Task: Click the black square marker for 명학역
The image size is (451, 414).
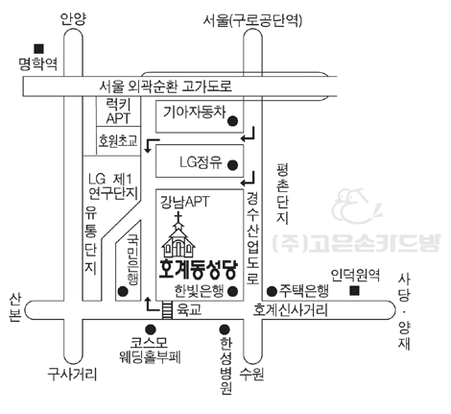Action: [x=39, y=49]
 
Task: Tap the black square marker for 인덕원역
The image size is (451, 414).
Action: [x=354, y=290]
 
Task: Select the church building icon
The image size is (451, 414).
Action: [x=178, y=235]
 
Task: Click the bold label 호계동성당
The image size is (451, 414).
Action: [x=199, y=270]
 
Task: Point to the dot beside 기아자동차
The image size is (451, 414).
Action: [x=232, y=121]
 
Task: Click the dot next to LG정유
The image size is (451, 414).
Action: [x=232, y=165]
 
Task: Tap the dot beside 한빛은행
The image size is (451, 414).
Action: [x=232, y=291]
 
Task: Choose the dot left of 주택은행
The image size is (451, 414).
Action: [x=272, y=291]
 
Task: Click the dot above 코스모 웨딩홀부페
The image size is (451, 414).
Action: [x=151, y=329]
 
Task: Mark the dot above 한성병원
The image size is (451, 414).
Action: [x=225, y=329]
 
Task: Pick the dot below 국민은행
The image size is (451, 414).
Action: [x=123, y=291]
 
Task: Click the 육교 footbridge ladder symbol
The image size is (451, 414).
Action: [x=167, y=309]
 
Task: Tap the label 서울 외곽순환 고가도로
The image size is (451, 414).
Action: [x=165, y=86]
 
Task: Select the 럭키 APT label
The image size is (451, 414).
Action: [x=118, y=111]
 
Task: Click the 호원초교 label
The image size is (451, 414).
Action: [x=118, y=140]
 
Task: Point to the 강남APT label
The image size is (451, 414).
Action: [x=184, y=202]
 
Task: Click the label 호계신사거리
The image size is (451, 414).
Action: [x=291, y=310]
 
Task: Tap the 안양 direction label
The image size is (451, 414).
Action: [x=73, y=19]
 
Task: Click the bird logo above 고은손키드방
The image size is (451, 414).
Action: [x=356, y=206]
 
